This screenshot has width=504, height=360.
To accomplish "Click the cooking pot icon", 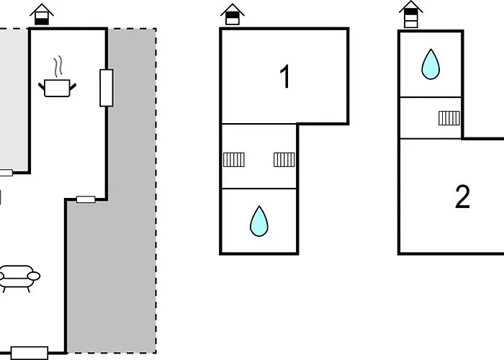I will click(x=57, y=89).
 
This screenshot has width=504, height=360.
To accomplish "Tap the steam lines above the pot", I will click(x=57, y=67).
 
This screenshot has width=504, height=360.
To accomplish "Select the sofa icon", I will click(x=19, y=276).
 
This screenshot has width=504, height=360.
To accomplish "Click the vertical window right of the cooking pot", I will click(x=107, y=88).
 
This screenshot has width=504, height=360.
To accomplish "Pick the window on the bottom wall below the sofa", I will click(x=30, y=353).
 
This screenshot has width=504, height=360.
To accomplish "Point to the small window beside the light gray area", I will click(x=6, y=173).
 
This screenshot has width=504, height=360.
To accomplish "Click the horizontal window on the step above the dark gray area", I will click(x=86, y=199).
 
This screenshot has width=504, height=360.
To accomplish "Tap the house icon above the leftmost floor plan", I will click(x=42, y=14).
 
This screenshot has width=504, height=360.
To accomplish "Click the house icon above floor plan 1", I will click(x=231, y=14).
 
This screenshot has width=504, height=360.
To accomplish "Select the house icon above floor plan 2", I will click(x=410, y=14).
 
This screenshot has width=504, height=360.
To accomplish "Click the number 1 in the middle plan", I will click(x=286, y=77).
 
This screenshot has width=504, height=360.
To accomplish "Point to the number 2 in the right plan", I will click(x=462, y=197).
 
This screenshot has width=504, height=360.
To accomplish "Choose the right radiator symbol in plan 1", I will click(x=284, y=159).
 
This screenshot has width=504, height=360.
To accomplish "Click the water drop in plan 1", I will click(x=258, y=221).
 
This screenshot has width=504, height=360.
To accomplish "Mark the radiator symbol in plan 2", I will click(x=449, y=117).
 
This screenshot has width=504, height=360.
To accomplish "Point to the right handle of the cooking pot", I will click(x=73, y=86).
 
